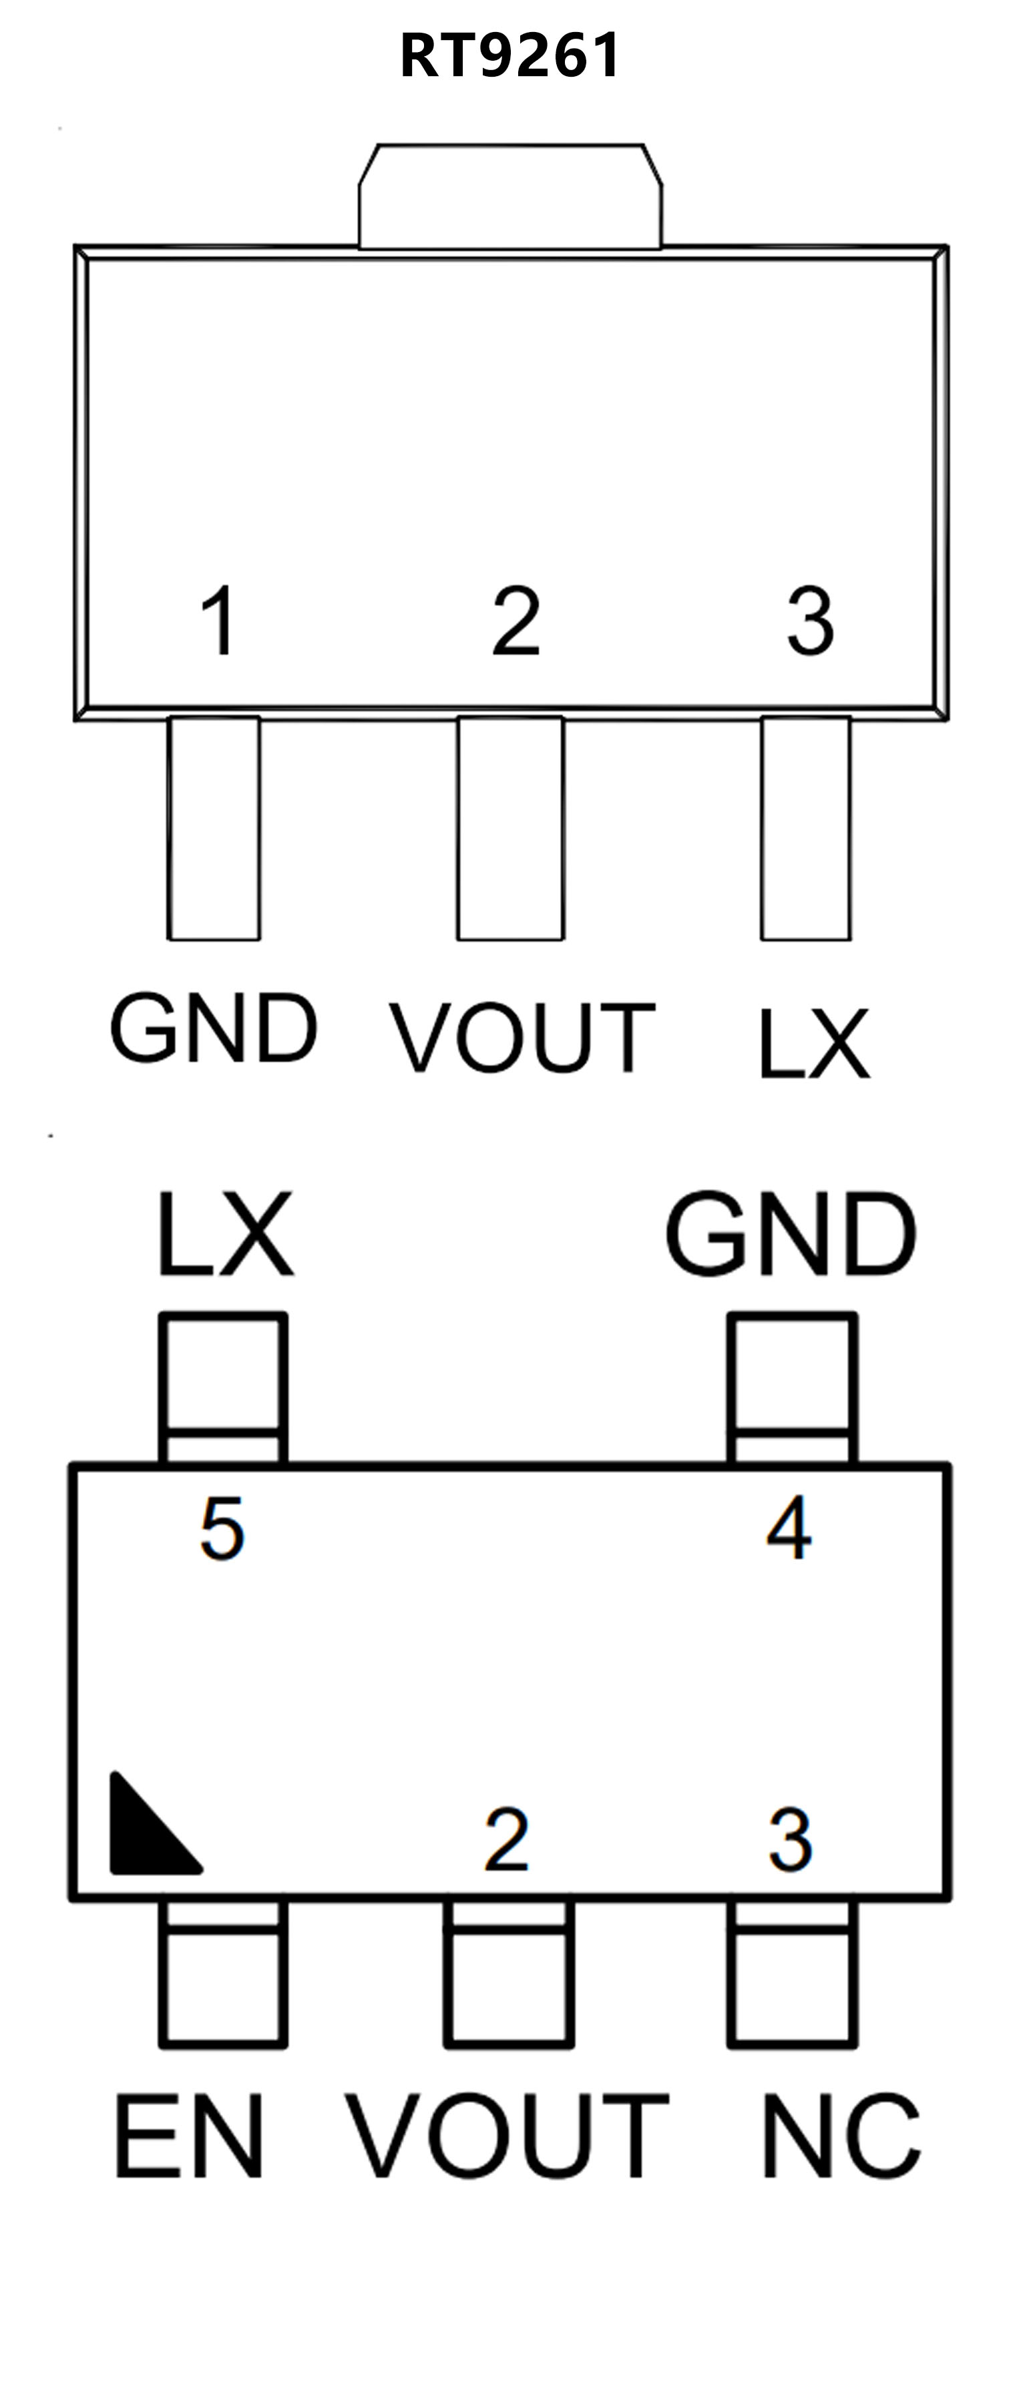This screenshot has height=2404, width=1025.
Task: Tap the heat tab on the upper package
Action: point(511,198)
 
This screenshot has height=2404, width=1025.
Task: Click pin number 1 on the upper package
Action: point(220,621)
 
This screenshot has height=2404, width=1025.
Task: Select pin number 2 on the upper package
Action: point(516,621)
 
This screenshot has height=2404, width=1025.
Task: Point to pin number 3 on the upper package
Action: point(809,621)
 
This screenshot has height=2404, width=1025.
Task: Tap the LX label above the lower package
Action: point(225,1234)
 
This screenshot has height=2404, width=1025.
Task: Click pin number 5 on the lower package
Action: point(222,1528)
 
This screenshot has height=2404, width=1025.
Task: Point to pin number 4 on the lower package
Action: point(789,1528)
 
